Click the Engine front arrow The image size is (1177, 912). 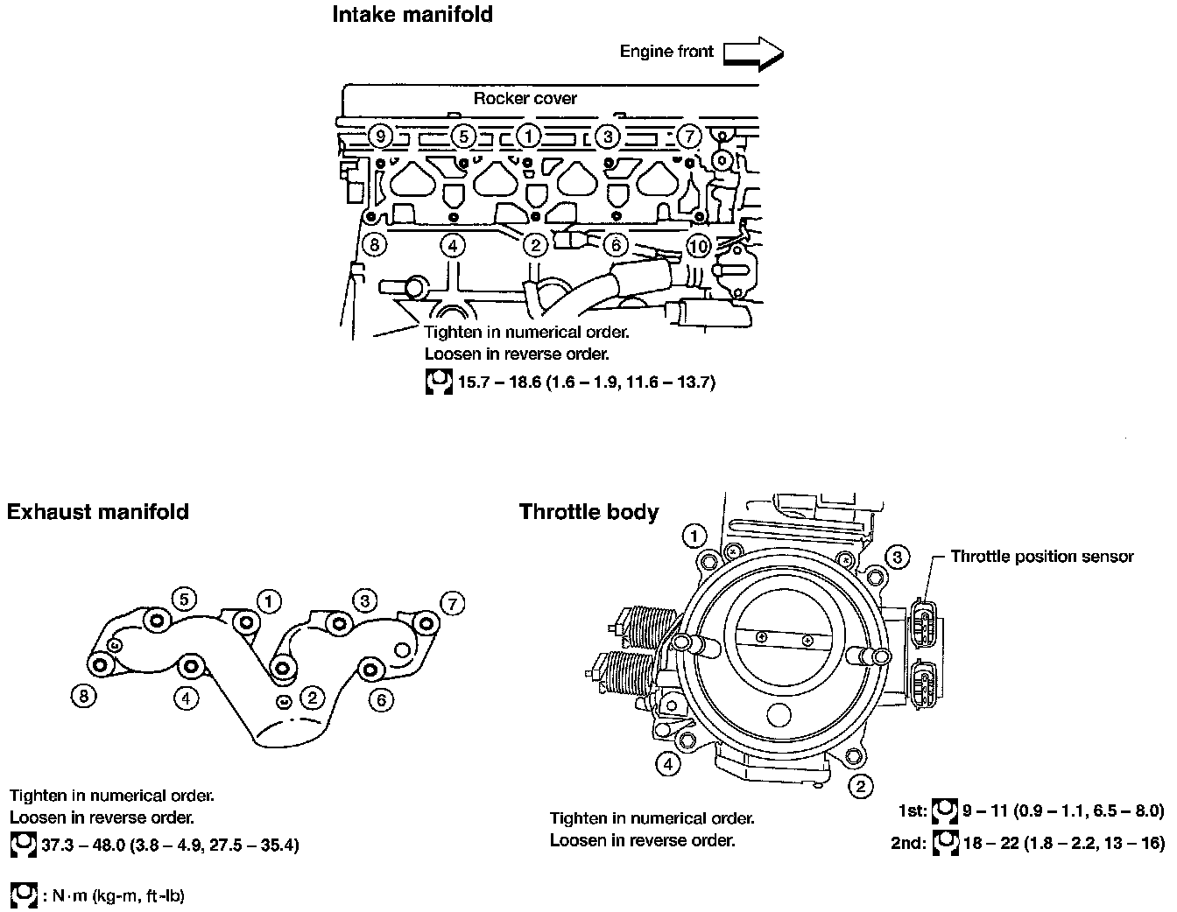click(753, 53)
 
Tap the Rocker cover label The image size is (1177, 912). click(525, 99)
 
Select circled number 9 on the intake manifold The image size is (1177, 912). click(378, 137)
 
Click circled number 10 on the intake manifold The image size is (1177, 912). click(698, 246)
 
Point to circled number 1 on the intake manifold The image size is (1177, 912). click(528, 137)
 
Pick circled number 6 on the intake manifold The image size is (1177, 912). click(616, 246)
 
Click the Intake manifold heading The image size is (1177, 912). click(412, 15)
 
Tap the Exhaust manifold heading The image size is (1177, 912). click(98, 512)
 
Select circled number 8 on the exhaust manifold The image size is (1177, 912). click(83, 696)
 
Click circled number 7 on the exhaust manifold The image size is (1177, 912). click(452, 603)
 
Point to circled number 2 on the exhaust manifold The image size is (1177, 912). click(312, 697)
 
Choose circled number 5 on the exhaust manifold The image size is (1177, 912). click(183, 599)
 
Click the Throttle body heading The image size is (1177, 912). click(588, 512)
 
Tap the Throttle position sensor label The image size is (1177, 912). click(1041, 557)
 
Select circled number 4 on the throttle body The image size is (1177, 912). click(668, 764)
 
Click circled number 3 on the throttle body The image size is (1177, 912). click(897, 556)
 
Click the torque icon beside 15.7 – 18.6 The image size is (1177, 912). click(438, 382)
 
